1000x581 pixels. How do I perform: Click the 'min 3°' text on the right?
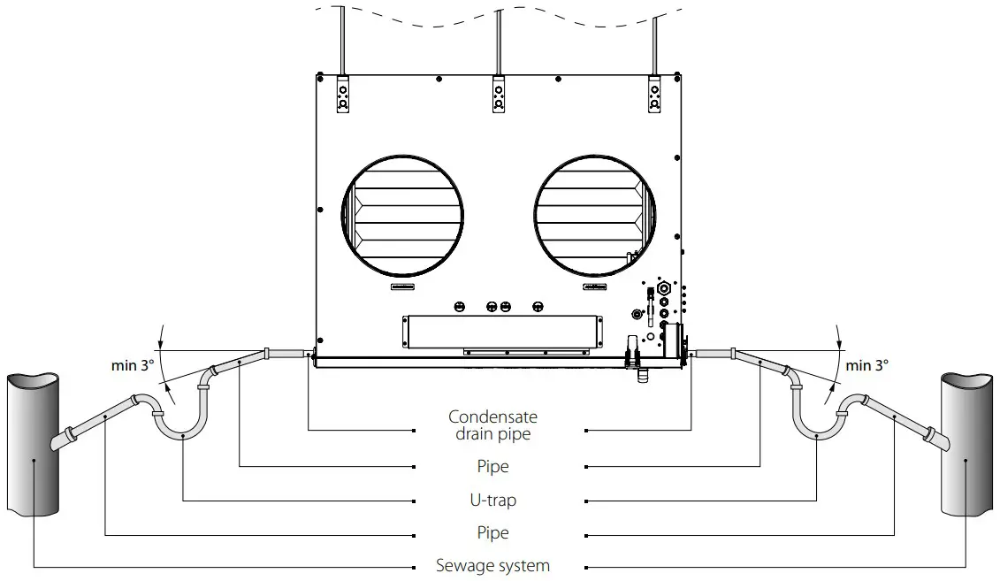[x=866, y=364]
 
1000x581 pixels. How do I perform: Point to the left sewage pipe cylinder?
[x=34, y=442]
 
